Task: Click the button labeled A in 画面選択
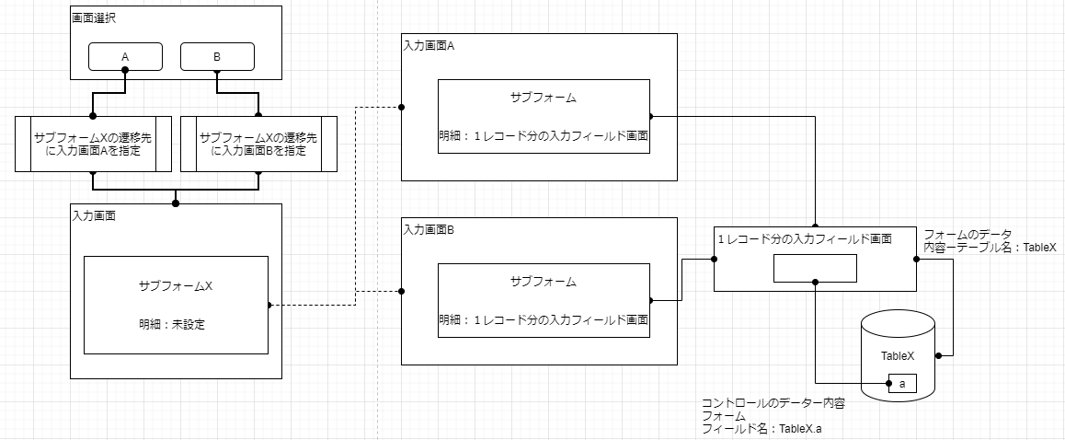[x=125, y=57]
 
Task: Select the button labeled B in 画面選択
[x=217, y=57]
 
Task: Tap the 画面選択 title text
[x=93, y=17]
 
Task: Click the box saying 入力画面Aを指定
[x=93, y=144]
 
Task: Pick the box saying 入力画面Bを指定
[x=258, y=144]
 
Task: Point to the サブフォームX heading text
[x=176, y=285]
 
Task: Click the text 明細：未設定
[x=176, y=323]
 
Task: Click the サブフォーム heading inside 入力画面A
[x=544, y=98]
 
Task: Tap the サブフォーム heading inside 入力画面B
[x=544, y=281]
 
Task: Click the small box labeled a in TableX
[x=902, y=383]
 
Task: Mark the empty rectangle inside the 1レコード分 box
[x=815, y=268]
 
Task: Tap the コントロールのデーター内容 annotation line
[x=773, y=403]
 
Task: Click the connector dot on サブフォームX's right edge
[x=268, y=305]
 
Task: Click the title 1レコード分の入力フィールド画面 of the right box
[x=805, y=238]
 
